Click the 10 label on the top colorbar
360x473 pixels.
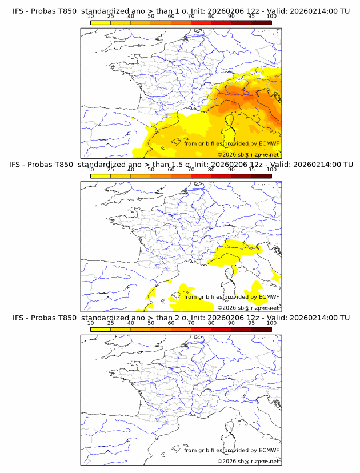pos(90,17)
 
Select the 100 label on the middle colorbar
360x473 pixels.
pos(271,170)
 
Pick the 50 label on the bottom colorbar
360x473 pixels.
pos(151,323)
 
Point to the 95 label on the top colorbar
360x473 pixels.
pos(251,17)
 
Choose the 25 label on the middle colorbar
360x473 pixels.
pos(110,170)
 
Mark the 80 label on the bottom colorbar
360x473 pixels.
pos(211,323)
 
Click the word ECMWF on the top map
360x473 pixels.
pos(269,143)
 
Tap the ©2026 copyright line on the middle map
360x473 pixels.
pos(248,308)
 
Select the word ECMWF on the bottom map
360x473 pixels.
pos(269,450)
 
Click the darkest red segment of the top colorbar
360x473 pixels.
pos(261,22)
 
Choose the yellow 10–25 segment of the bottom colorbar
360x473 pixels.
pos(101,328)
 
